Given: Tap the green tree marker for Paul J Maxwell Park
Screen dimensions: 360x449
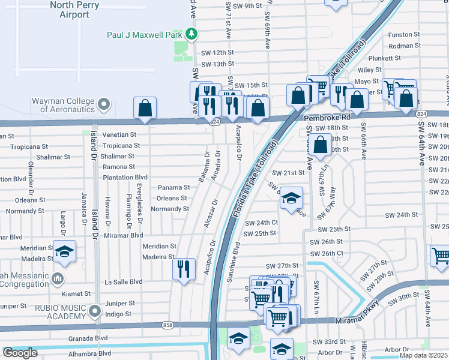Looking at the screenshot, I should (191, 34).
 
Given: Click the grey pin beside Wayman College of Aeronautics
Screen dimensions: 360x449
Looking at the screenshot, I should (104, 105).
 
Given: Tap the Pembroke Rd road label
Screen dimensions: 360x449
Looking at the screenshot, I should (326, 119).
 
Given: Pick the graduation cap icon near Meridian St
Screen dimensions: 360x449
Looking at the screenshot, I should (65, 252).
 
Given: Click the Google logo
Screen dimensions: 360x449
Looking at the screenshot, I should (20, 353).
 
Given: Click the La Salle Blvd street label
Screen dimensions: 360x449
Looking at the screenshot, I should (124, 281).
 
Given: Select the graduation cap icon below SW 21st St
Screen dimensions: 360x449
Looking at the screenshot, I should (291, 199).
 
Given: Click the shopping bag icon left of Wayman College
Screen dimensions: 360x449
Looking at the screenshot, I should (145, 109).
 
